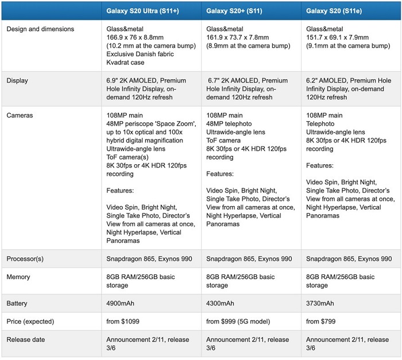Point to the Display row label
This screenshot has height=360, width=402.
pos(18,80)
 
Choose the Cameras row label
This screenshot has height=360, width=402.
pos(20,115)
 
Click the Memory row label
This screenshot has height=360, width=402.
pos(18,277)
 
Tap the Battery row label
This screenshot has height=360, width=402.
pos(18,303)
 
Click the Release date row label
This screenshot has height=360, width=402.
pos(26,339)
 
